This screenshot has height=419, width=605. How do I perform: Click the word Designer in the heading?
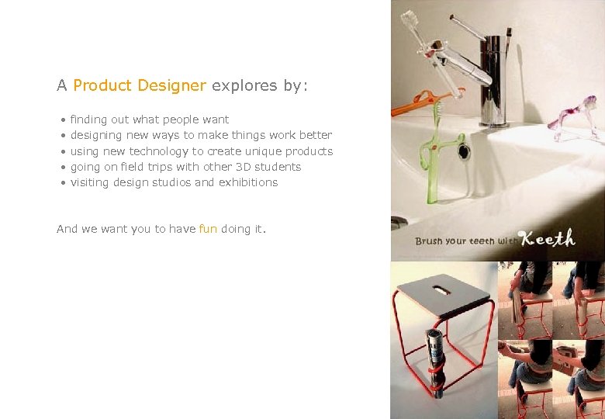click(x=171, y=85)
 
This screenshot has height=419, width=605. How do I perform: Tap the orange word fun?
click(x=208, y=229)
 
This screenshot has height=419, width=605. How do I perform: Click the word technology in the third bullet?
click(x=159, y=151)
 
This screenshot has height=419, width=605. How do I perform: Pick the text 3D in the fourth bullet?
click(x=243, y=167)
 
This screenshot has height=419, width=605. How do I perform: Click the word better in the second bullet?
click(x=315, y=135)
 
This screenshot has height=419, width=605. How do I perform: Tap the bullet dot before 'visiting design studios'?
click(x=62, y=183)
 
